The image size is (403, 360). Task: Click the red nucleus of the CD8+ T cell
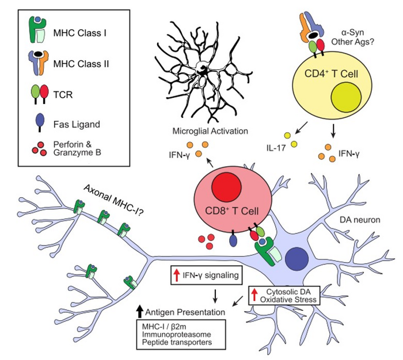coord(227,189)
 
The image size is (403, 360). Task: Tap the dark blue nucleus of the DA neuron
coord(299,256)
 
